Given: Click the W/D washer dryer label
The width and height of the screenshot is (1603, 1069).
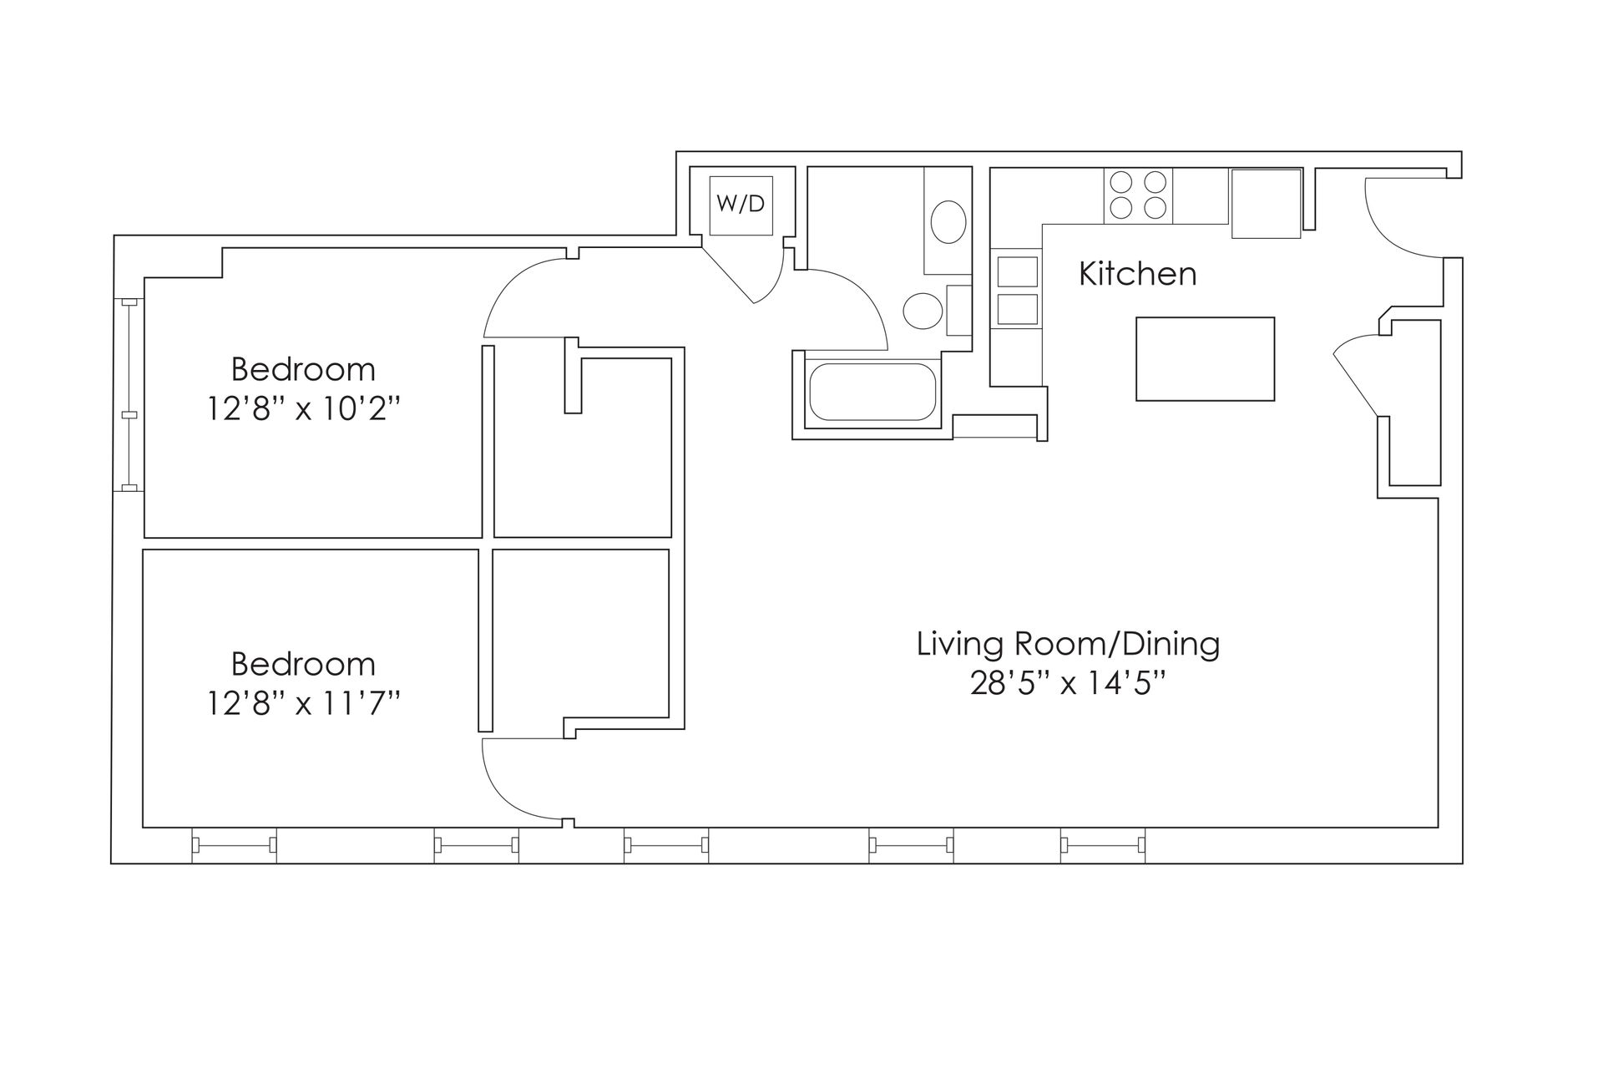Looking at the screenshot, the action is (741, 203).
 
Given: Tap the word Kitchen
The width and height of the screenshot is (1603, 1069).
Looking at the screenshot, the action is (1137, 274).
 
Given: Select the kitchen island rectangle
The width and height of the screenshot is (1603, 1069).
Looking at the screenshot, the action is (1205, 358).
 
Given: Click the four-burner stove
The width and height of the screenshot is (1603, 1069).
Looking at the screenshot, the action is (1138, 195).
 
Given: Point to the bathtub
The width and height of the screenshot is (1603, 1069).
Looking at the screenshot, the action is (872, 391).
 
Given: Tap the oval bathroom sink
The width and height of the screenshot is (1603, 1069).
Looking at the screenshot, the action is (948, 222).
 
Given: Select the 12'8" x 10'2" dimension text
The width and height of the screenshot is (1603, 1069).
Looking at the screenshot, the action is (304, 409).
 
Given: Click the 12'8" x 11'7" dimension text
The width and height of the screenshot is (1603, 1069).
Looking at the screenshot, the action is (304, 703).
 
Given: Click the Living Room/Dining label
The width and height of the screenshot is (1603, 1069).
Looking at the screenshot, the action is (1068, 644).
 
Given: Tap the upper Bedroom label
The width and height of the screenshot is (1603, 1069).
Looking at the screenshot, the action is (303, 369).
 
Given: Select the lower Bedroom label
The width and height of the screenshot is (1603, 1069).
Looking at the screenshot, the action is (303, 664).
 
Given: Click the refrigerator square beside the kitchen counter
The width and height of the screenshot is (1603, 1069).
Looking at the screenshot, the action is (1266, 203).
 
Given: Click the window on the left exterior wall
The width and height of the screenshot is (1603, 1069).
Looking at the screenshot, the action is (129, 395).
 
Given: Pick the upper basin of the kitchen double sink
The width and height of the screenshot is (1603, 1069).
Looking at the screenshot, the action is (1018, 271).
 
